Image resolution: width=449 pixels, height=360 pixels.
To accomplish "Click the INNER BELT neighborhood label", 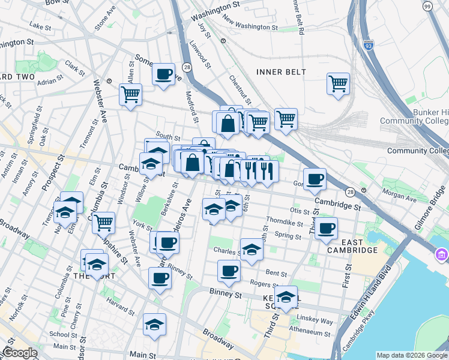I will pos(281,72).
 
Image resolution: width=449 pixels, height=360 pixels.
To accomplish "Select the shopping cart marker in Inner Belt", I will pos(338,83).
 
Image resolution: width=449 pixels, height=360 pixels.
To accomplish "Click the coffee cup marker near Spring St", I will pos(326,228).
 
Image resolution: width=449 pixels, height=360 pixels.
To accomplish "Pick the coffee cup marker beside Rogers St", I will pos(229,271).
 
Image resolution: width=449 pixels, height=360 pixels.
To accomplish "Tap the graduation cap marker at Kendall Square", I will pos(286,296).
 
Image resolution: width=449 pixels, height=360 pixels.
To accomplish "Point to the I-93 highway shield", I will pos(367,45).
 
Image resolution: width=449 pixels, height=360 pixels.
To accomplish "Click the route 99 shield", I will pos(427,6).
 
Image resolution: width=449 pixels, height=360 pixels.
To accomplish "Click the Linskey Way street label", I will pos(319,322).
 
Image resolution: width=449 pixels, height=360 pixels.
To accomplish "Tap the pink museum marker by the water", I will pos(442,256).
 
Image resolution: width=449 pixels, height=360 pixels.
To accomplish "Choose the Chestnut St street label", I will pos(238,88).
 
